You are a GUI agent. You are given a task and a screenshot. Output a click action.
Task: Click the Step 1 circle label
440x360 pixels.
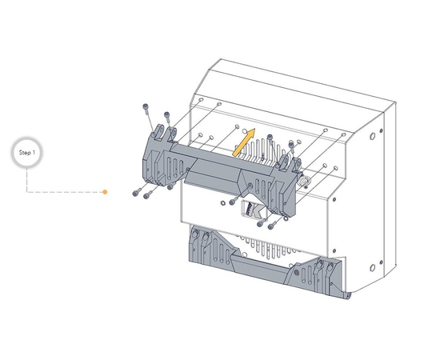(28, 152)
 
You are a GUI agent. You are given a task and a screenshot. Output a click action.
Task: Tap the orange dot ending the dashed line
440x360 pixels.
(105, 192)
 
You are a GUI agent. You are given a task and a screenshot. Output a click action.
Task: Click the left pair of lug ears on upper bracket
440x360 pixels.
(163, 130)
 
